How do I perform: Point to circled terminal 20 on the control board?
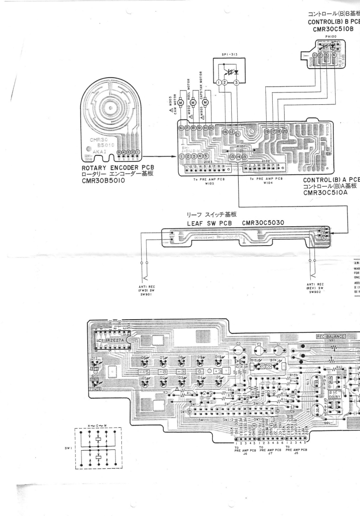click(285, 131)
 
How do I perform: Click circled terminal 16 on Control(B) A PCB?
click(225, 132)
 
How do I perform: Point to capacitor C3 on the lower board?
click(238, 344)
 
